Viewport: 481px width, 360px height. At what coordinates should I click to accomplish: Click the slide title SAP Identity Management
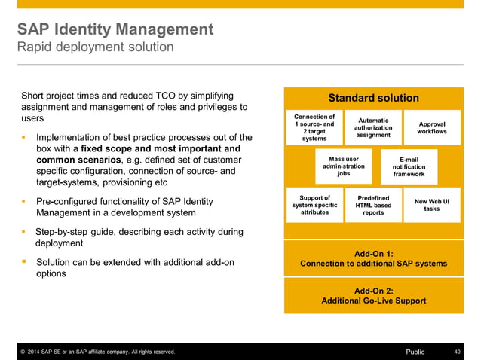pos(115,29)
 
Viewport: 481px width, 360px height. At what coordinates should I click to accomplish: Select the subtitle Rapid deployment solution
pos(95,47)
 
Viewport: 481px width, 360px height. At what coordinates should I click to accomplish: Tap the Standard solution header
pos(373,98)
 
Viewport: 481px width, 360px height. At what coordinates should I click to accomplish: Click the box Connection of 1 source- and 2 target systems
pos(314,128)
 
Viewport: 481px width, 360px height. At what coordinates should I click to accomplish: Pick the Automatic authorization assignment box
pos(373,128)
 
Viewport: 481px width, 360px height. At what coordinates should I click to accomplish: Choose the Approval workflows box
pos(431,128)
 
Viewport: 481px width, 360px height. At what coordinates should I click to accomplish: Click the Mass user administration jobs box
pos(344,166)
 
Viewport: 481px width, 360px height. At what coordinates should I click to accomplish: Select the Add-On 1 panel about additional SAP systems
pos(373,259)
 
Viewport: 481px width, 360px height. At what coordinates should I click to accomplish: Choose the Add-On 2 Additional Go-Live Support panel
pos(373,295)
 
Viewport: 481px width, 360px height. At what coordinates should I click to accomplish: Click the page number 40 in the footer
pos(457,352)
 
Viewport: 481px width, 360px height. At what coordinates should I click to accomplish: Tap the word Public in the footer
pos(415,352)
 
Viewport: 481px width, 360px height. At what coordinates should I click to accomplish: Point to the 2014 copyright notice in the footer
pos(97,352)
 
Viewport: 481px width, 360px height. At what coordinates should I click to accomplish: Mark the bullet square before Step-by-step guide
pos(24,232)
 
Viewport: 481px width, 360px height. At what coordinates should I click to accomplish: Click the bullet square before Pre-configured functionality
pos(24,201)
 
